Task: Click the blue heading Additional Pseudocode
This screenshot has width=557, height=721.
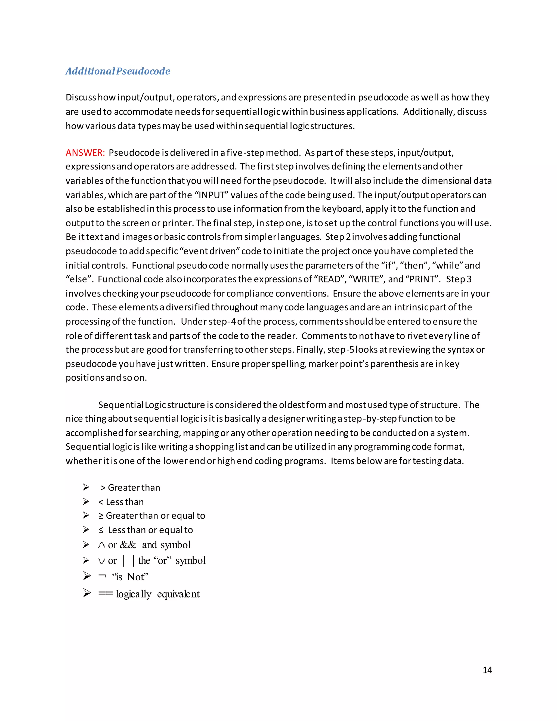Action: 118,71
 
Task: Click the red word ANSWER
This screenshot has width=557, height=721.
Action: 85,153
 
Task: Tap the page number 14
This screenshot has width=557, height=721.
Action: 487,670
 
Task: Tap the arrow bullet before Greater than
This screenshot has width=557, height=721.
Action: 86,487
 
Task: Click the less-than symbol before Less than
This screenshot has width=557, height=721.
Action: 101,502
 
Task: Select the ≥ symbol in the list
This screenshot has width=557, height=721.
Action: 101,516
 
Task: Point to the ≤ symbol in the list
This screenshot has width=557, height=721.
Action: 101,530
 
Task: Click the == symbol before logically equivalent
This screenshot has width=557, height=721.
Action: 106,594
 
